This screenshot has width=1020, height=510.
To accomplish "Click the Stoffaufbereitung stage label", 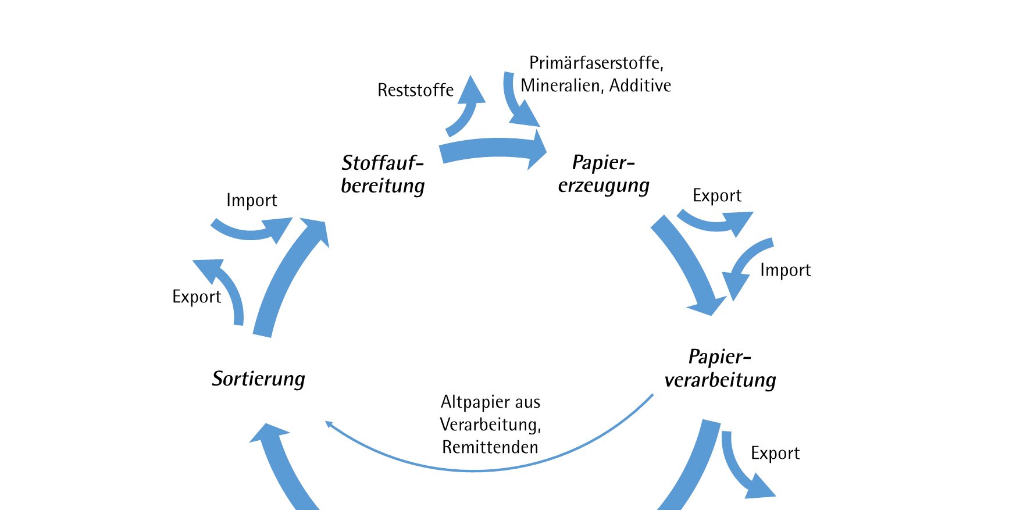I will [x=383, y=174].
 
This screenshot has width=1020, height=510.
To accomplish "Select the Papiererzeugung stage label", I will [x=604, y=174].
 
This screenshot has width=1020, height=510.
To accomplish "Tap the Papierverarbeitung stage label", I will [x=720, y=368].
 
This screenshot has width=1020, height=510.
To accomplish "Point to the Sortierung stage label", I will [x=258, y=379].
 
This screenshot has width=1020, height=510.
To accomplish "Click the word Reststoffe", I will [x=415, y=90].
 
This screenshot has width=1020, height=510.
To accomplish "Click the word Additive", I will [x=640, y=85].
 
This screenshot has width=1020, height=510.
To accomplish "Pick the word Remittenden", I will [x=490, y=447].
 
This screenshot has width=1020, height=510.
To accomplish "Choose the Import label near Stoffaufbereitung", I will [x=251, y=200].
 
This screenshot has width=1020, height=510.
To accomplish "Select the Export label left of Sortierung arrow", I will [x=197, y=297].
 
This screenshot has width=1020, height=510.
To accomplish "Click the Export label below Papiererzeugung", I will [x=716, y=195].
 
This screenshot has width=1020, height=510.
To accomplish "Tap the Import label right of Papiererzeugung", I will [x=785, y=270].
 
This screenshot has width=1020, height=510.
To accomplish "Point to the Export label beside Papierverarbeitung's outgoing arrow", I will [x=775, y=453].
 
